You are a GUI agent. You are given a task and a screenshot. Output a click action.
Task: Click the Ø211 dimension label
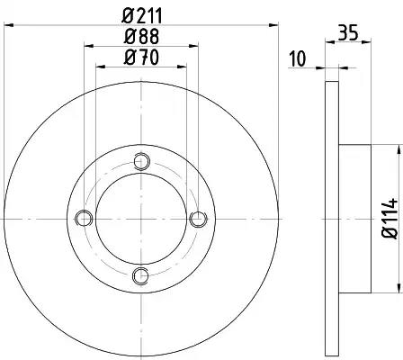tap(142, 15)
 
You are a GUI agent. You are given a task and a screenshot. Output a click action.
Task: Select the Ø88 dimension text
tap(141, 37)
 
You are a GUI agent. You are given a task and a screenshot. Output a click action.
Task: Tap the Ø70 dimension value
tap(141, 57)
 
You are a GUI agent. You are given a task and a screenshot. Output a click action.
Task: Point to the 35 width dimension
tap(348, 32)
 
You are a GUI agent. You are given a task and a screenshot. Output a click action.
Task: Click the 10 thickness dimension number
tap(298, 58)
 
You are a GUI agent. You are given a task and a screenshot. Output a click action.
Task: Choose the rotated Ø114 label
tap(390, 218)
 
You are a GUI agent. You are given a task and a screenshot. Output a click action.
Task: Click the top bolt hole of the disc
tap(141, 161)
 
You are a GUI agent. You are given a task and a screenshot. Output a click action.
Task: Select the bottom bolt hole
tap(140, 275)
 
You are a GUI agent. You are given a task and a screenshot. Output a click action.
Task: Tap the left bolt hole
tap(84, 219)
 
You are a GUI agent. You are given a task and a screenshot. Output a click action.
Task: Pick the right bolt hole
tap(199, 219)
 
